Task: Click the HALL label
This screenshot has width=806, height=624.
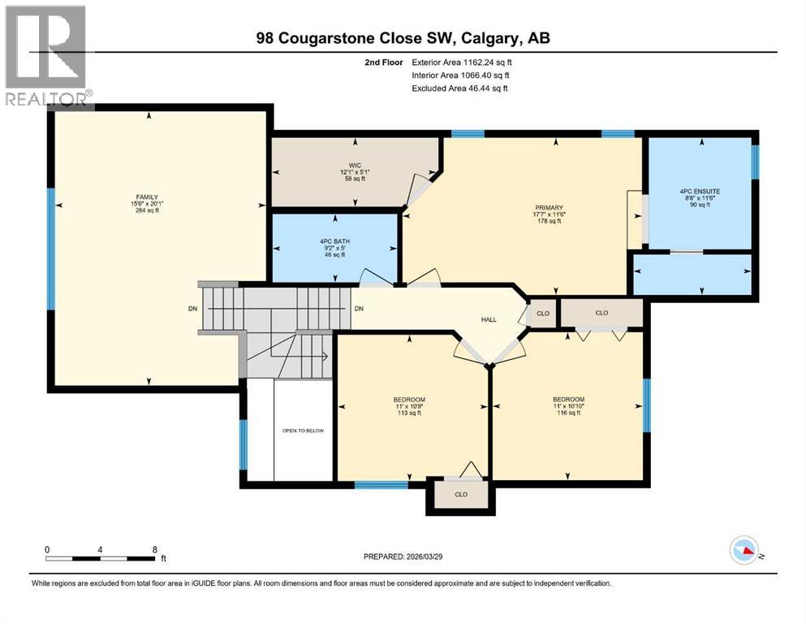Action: tap(489, 319)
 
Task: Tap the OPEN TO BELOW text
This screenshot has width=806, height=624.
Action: tap(303, 431)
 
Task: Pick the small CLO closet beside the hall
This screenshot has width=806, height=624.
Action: tap(541, 313)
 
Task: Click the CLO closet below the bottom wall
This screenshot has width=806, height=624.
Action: tap(460, 494)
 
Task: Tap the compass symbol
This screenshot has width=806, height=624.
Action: tap(744, 552)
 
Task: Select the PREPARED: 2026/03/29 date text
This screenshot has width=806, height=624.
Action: tap(403, 557)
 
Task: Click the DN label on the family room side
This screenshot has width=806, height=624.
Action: tap(192, 309)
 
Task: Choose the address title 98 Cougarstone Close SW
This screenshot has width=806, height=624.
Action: tap(402, 37)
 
